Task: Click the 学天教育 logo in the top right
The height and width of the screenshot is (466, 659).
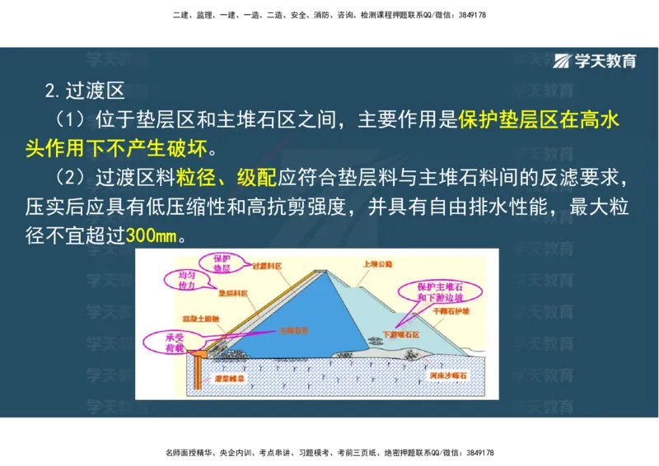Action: (595, 61)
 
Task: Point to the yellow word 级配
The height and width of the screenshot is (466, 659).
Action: (257, 177)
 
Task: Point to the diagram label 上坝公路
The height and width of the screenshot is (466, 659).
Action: (378, 264)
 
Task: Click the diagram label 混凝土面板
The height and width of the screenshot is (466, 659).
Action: (199, 317)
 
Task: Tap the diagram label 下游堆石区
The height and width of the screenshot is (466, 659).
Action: (401, 335)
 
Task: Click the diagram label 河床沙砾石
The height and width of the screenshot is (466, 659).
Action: (448, 377)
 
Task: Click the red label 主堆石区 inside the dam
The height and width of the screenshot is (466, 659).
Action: (294, 329)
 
